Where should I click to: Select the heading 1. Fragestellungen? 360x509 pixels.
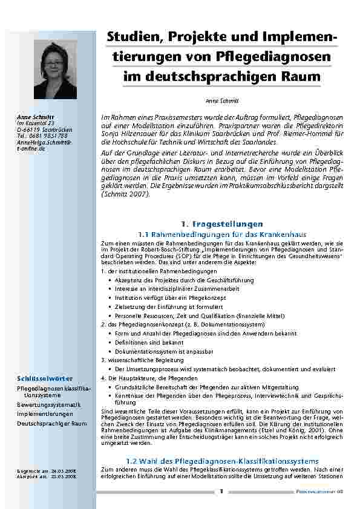click(223, 224)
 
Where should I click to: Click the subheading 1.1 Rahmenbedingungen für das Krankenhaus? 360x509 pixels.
click(223, 234)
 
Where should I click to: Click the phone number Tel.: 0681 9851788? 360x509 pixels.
click(42, 136)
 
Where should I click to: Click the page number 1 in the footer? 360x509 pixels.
click(221, 491)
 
